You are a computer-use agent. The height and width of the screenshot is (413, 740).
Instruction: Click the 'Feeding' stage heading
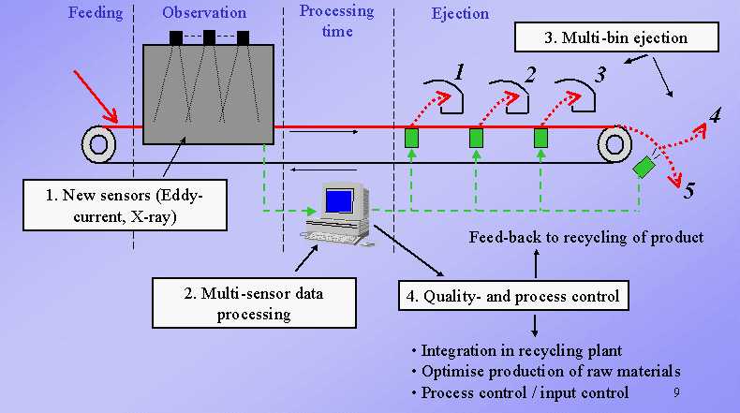point(96,13)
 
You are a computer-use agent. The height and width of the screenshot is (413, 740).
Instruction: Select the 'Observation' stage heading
point(204,13)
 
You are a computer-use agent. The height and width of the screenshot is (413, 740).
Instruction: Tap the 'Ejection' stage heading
point(460,14)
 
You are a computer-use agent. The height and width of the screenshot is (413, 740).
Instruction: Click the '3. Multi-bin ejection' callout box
point(616,37)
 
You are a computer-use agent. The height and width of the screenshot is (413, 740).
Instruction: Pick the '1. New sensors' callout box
point(126,205)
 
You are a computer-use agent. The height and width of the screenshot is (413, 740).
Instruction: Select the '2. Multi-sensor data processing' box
point(254,302)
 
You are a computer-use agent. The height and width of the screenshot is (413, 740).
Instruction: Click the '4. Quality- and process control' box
point(513,296)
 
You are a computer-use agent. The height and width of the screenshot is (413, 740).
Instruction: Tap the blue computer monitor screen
point(339,201)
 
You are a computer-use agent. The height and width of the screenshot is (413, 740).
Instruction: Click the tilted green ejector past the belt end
point(644,167)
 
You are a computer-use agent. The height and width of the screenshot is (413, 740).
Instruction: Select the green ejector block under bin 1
point(411,139)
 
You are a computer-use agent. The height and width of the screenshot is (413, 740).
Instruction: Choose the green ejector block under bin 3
point(540,139)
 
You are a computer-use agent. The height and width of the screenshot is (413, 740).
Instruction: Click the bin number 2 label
point(530,75)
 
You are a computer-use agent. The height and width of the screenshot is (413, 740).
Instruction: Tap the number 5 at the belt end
point(689,190)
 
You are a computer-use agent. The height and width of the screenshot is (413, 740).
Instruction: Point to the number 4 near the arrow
point(715,114)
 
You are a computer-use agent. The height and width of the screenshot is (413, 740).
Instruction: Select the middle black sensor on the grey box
point(209,37)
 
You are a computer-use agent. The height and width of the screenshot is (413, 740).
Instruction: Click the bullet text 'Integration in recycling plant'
point(522,350)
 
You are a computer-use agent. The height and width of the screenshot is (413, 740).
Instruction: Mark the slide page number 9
point(676,392)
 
